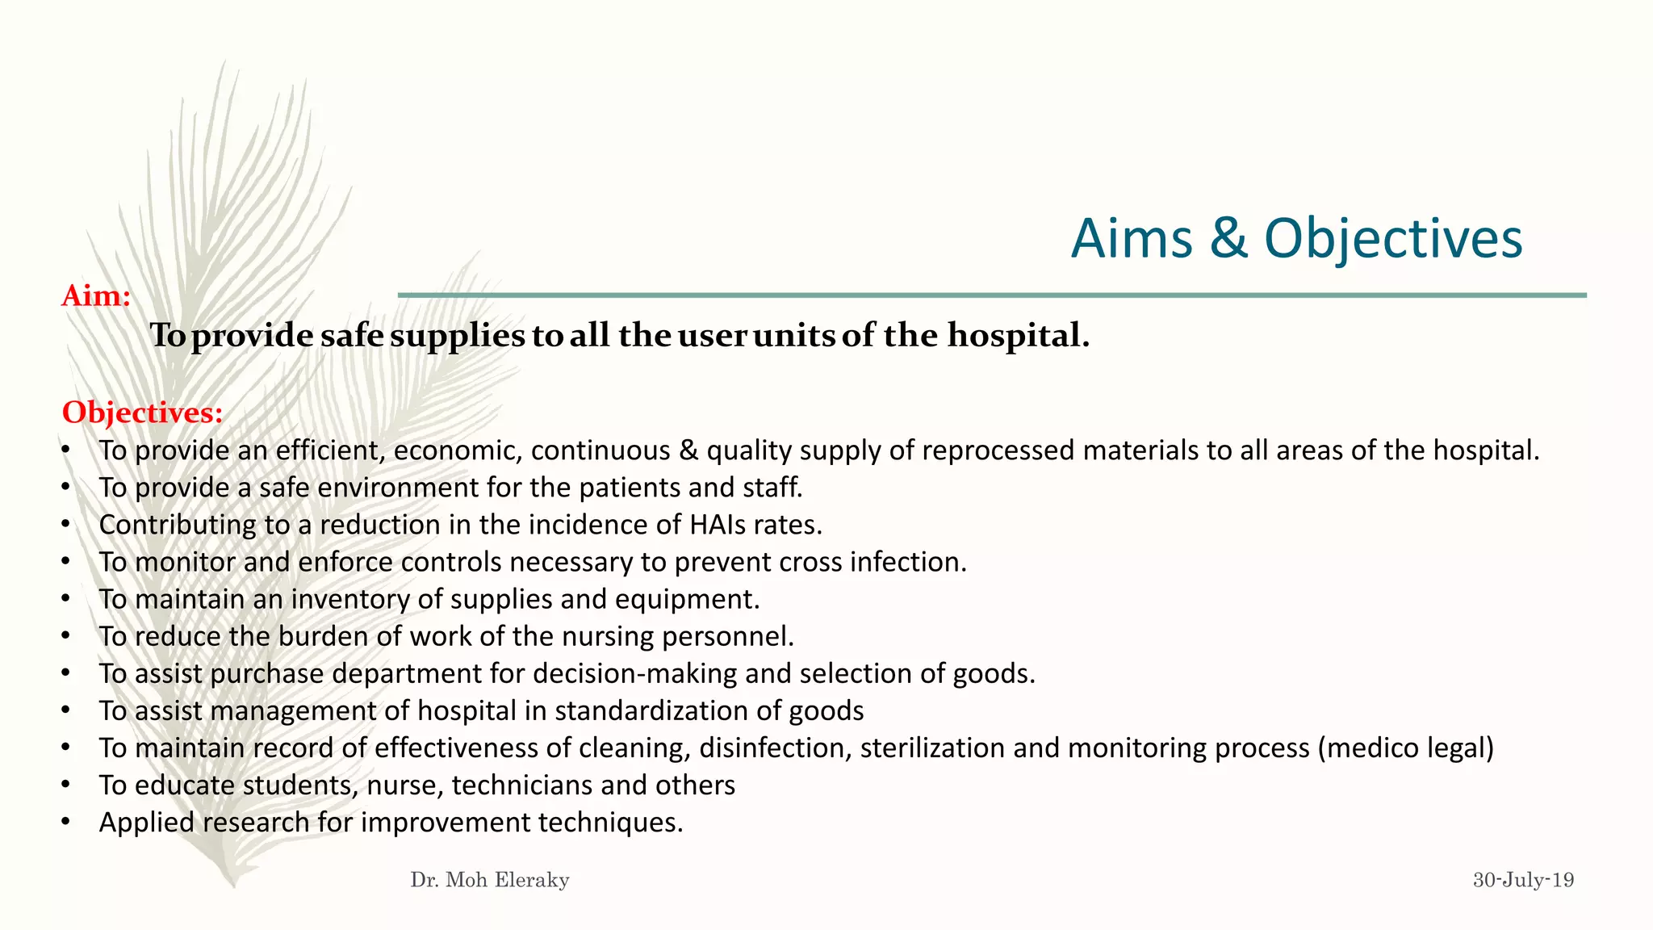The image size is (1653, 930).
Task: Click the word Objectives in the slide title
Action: pos(1393,239)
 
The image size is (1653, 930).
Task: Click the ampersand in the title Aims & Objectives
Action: pos(1228,239)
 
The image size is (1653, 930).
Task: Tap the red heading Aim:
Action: pos(96,296)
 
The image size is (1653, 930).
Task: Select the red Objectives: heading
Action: pos(142,413)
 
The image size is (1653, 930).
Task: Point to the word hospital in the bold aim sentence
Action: pos(1018,335)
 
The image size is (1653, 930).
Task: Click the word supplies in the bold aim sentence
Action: pos(457,336)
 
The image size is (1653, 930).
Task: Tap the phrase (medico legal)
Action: pos(1406,748)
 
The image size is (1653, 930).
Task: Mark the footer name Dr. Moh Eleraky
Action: pos(490,880)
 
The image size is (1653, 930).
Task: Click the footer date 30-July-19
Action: pos(1523,880)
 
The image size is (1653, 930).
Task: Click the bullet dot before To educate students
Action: pos(65,785)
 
